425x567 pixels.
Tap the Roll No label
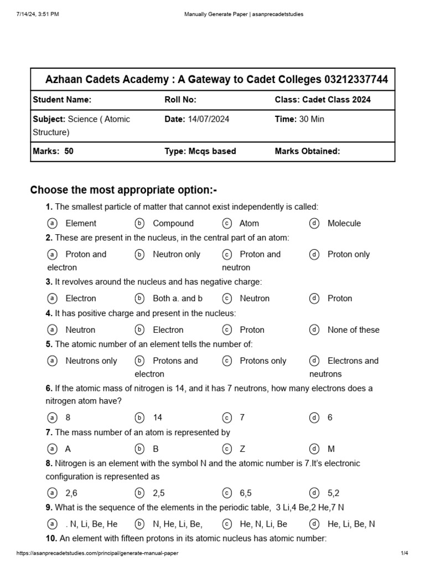(180, 100)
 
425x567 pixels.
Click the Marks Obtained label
(307, 151)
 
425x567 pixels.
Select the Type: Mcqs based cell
(200, 151)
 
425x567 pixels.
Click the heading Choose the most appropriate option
(123, 190)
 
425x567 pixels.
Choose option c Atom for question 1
(248, 223)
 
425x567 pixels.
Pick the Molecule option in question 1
(343, 223)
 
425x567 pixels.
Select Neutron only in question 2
(176, 254)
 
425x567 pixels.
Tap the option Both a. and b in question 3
(177, 298)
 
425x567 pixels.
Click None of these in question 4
(353, 329)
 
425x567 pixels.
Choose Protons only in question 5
(262, 360)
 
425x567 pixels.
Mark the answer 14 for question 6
(157, 417)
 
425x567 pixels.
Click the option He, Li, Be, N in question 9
(351, 524)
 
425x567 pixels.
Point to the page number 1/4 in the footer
(403, 553)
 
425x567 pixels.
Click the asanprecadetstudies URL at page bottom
(97, 553)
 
